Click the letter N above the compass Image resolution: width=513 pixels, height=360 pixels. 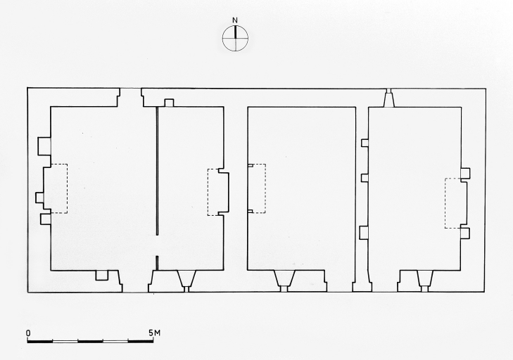coord(235,20)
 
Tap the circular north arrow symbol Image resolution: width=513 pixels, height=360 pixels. coord(235,38)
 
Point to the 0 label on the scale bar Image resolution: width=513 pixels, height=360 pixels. coord(28,333)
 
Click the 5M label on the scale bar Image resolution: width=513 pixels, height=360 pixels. coord(154,333)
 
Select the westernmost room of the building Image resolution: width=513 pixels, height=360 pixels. coord(103,188)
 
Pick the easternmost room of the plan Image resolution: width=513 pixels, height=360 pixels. coord(415,188)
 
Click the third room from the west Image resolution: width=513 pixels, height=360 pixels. coord(301,188)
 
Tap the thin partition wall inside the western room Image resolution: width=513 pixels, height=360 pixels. coord(158,171)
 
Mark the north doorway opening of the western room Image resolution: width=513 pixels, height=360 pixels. coord(131,98)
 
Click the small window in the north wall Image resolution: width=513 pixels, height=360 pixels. coord(388,98)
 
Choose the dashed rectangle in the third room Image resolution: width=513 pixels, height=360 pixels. coord(256,188)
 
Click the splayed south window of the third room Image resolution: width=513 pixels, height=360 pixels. coord(284,281)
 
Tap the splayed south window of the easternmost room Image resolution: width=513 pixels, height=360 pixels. coord(424,281)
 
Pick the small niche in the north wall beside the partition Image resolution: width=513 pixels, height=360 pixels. coord(169,103)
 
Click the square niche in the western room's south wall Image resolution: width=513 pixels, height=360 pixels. coord(101,276)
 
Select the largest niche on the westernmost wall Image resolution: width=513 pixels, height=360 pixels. coord(44,146)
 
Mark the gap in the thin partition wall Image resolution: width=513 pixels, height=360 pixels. coord(158,245)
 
